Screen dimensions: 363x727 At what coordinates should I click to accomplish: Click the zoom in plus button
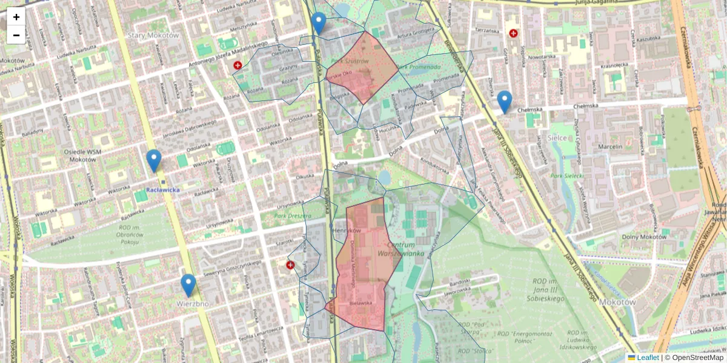tap(16, 17)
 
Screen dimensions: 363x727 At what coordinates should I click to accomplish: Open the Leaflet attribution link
tap(648, 358)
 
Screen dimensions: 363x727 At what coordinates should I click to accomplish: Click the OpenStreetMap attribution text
tap(697, 358)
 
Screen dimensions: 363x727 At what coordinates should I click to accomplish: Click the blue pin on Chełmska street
tap(504, 102)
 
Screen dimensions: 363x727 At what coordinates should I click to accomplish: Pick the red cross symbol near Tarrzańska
tap(514, 33)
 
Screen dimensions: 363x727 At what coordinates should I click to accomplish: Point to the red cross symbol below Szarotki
tap(290, 265)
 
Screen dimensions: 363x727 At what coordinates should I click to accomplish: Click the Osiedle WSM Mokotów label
tap(74, 155)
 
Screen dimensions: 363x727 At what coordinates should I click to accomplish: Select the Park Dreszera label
tap(288, 215)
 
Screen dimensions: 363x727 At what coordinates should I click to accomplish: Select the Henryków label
tap(347, 231)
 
